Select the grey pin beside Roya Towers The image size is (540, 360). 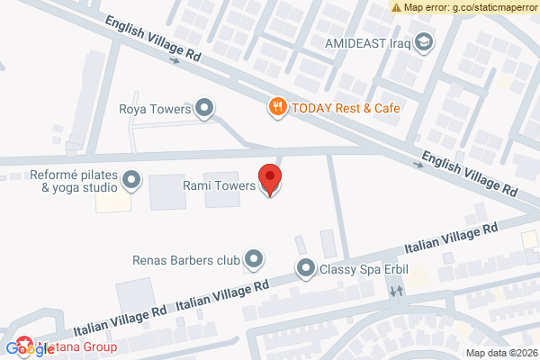pos(205,110)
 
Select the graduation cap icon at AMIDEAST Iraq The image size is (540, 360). pos(425,41)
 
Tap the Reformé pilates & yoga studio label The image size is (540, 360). pos(73,181)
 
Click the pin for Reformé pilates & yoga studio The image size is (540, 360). pos(131,181)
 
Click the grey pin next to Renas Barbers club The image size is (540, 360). pos(254,260)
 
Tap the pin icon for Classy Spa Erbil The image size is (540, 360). pos(306,268)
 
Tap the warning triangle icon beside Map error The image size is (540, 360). pos(396,7)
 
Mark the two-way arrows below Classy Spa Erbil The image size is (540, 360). pos(396,292)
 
